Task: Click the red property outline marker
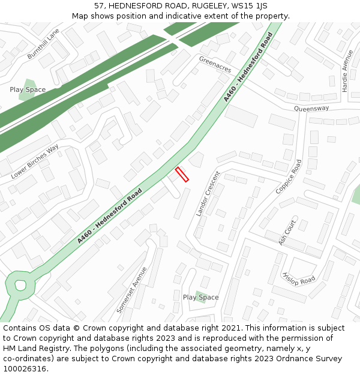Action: (x=182, y=175)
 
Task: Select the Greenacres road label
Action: (x=215, y=65)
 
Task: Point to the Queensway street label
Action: (x=311, y=108)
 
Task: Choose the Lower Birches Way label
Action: (x=35, y=161)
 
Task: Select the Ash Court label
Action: (x=288, y=231)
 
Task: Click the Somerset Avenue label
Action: (x=131, y=290)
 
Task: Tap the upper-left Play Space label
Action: (x=28, y=89)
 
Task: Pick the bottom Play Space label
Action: (x=200, y=297)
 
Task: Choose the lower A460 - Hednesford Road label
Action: (x=109, y=216)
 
